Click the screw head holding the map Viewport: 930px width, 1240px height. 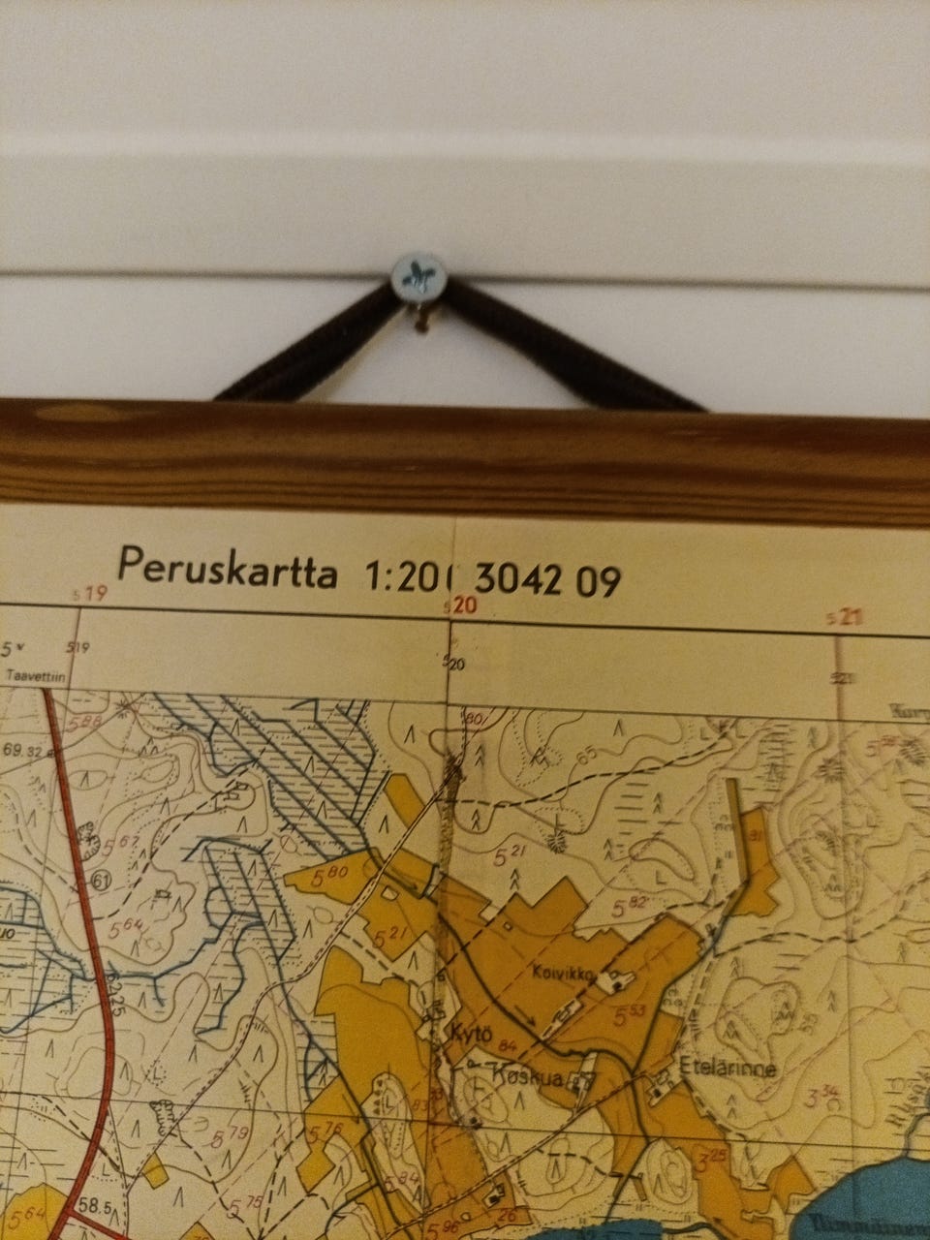[x=419, y=274]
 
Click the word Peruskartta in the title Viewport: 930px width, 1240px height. [x=227, y=569]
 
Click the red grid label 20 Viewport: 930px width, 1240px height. [x=463, y=605]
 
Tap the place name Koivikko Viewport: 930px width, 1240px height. [x=569, y=968]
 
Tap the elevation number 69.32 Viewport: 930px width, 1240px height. [x=25, y=750]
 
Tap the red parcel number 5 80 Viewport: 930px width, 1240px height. [x=331, y=875]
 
